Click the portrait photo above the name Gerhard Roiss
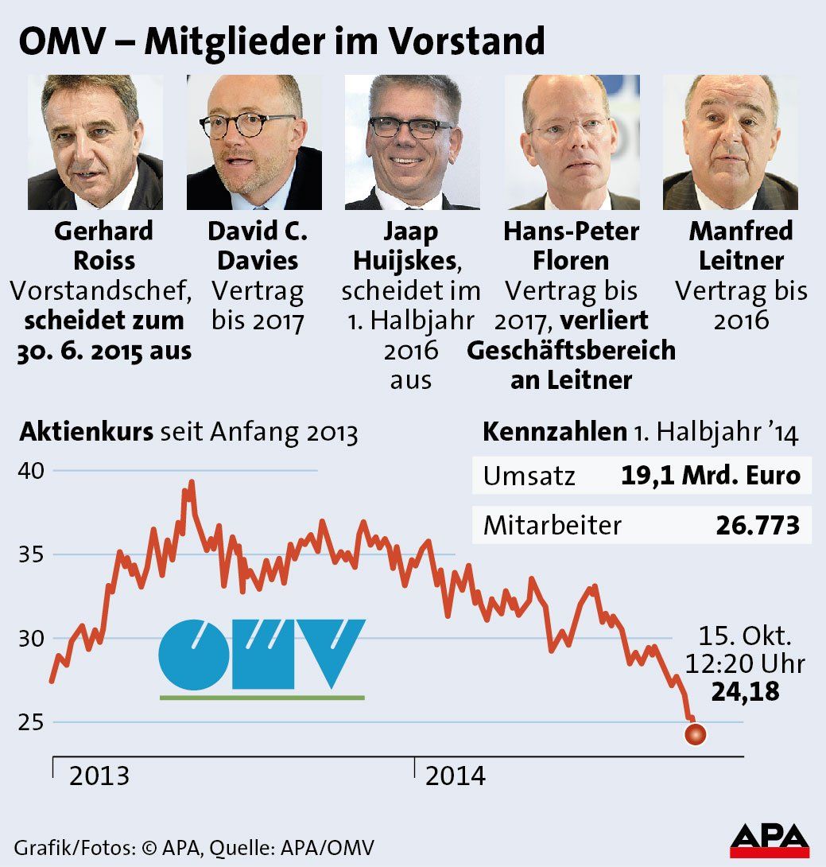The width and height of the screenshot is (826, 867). point(95,142)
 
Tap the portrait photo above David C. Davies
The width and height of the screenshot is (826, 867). point(254,142)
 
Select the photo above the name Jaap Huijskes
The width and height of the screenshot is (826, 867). point(412,142)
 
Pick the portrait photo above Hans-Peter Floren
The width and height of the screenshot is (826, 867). point(571,142)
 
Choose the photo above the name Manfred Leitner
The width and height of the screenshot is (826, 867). point(730,142)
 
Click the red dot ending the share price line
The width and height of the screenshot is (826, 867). point(695,735)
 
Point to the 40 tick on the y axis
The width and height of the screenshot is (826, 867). point(32,471)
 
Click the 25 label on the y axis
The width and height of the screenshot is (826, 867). point(32,722)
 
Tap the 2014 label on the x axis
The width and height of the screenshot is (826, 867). point(455,776)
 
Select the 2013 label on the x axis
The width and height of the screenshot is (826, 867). point(99,776)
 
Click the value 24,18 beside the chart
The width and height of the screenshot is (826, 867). point(745,692)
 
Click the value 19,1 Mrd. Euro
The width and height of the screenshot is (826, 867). point(710,476)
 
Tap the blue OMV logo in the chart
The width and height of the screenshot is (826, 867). point(262,653)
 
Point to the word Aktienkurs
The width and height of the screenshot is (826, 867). point(86,433)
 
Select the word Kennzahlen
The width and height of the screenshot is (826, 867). point(554,433)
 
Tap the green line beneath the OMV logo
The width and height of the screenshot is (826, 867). point(262,698)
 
